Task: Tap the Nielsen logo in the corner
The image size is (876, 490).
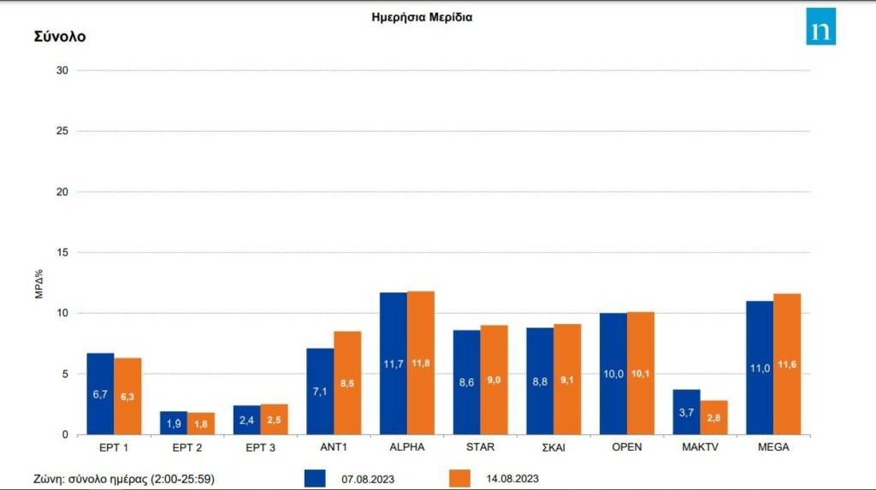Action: [820, 27]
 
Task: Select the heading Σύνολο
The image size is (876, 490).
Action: [60, 37]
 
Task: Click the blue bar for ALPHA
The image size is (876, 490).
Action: [394, 363]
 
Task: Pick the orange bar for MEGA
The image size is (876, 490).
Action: [787, 364]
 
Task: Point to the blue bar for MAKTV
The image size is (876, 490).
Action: [687, 412]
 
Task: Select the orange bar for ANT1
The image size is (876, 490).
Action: [347, 383]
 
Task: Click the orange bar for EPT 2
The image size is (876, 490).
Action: [201, 423]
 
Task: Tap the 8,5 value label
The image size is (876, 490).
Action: [347, 384]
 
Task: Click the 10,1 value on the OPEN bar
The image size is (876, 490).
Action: [641, 373]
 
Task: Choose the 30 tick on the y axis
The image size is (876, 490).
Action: [62, 70]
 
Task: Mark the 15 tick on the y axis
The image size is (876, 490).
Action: [62, 252]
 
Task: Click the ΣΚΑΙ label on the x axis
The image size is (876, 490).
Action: [553, 447]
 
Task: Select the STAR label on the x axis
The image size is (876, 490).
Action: [480, 447]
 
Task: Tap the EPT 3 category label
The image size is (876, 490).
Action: [260, 447]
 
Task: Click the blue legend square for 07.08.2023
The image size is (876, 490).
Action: [315, 478]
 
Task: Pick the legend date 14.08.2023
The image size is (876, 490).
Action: [512, 478]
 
